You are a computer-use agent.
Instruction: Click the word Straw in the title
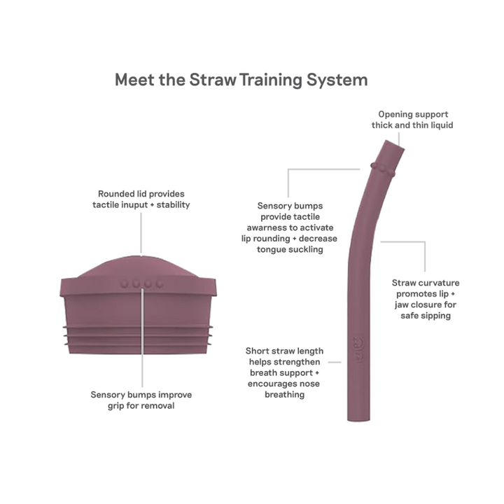[x=213, y=79]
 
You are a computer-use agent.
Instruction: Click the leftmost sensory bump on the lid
[x=125, y=283]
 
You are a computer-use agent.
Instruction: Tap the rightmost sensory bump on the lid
[x=160, y=283]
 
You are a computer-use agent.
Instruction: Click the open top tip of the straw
[x=394, y=145]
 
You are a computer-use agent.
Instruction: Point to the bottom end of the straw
[x=358, y=419]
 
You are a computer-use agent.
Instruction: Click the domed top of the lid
[x=138, y=266]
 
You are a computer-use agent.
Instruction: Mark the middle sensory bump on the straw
[x=381, y=169]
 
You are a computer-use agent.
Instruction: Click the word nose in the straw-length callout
[x=310, y=384]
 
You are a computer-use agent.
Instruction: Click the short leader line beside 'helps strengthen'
[x=335, y=363]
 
